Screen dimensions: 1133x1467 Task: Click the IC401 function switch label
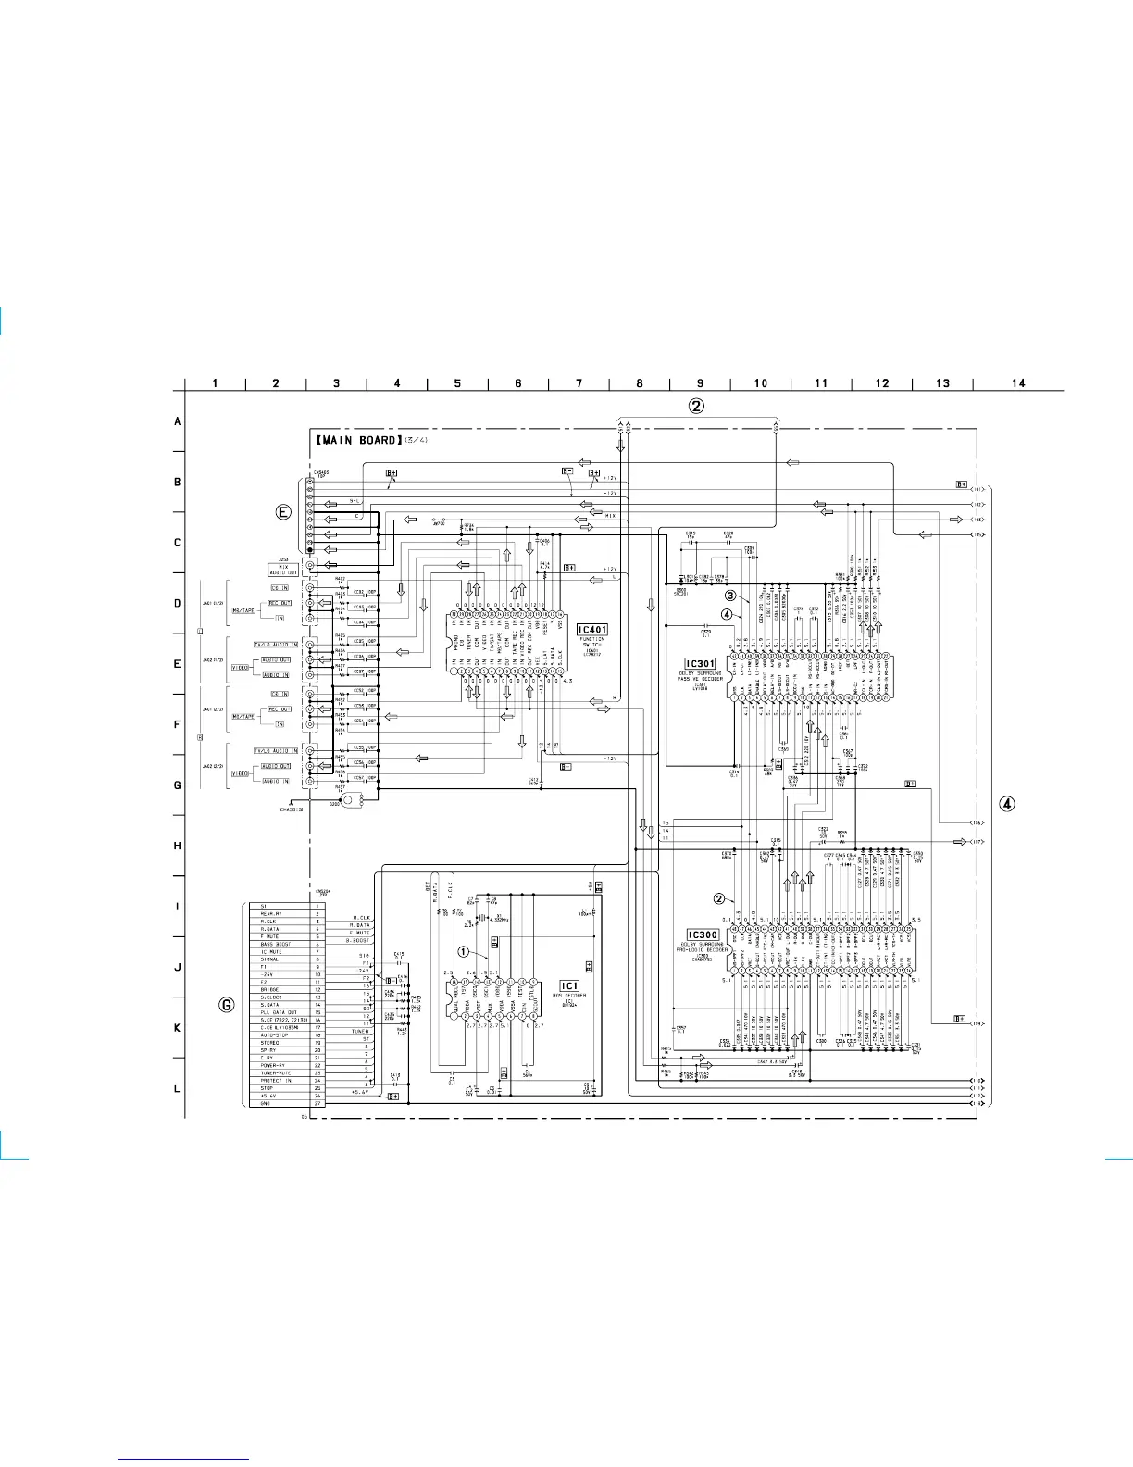tap(592, 630)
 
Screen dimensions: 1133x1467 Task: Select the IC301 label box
tap(701, 663)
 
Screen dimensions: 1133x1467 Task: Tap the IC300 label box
tap(703, 935)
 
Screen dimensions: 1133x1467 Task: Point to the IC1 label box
tap(569, 986)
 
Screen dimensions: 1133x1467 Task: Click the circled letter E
tap(284, 512)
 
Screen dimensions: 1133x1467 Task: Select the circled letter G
tap(227, 1005)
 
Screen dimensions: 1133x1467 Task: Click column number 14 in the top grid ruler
tap(1018, 382)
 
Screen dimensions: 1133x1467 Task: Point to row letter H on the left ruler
tap(177, 845)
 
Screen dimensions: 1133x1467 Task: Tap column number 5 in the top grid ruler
tap(457, 382)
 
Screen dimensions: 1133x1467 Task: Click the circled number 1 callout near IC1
tap(463, 950)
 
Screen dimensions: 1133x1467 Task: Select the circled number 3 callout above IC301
tap(729, 596)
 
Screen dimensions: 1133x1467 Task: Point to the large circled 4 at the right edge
tap(1007, 803)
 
